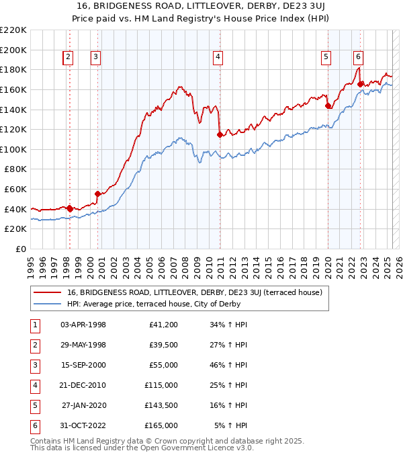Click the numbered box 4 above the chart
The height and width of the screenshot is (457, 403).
pyautogui.click(x=218, y=58)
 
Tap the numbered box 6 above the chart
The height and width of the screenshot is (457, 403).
pyautogui.click(x=359, y=58)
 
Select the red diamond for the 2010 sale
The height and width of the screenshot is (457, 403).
pyautogui.click(x=220, y=134)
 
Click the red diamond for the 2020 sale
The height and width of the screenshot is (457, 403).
pyautogui.click(x=328, y=106)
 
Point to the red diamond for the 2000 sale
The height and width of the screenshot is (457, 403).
pyautogui.click(x=98, y=194)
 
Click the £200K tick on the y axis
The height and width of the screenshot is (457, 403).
pyautogui.click(x=14, y=50)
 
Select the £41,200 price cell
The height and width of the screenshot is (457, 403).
pyautogui.click(x=163, y=325)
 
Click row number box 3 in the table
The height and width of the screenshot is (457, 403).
pyautogui.click(x=34, y=365)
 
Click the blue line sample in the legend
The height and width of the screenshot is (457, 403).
pyautogui.click(x=47, y=304)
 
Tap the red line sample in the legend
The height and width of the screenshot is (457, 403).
pyautogui.click(x=47, y=292)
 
